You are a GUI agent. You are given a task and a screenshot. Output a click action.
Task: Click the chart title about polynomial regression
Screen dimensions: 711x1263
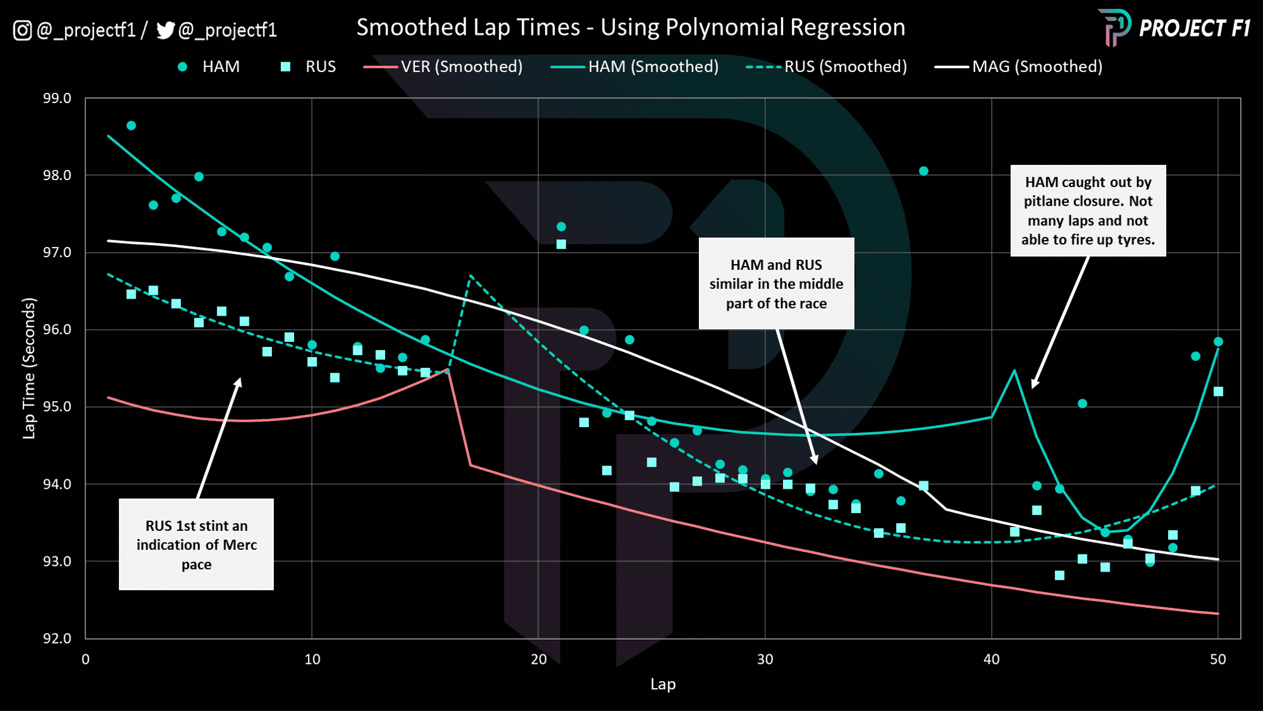tap(630, 27)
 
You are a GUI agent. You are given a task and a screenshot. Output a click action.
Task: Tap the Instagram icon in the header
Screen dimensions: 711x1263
tap(22, 31)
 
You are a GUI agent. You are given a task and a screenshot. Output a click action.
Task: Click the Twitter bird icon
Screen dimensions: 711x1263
tap(165, 31)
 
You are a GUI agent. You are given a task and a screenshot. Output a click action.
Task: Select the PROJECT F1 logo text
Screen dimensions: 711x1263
tap(1194, 29)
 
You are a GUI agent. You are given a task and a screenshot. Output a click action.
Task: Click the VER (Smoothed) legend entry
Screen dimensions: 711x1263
tap(443, 67)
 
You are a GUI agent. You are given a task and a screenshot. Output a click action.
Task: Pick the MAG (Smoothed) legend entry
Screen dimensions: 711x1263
tap(1019, 67)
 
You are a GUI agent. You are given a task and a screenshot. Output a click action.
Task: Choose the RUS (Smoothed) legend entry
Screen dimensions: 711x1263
tap(826, 67)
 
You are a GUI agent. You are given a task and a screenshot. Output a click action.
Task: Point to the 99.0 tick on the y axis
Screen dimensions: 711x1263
tap(57, 99)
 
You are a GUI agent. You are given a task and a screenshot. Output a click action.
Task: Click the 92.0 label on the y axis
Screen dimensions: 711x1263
tap(57, 638)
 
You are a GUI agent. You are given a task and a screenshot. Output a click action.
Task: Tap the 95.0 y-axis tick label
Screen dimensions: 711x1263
tap(57, 407)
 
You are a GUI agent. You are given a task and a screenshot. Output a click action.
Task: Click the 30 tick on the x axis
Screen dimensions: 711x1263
tap(765, 659)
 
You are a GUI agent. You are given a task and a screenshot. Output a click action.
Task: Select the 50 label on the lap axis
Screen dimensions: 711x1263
tap(1218, 659)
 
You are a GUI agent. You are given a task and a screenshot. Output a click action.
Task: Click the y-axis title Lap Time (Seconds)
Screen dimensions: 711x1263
tap(29, 369)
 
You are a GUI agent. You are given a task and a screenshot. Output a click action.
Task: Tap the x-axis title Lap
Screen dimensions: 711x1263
tap(663, 684)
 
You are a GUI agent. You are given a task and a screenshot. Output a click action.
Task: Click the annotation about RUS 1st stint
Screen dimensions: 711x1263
tap(196, 544)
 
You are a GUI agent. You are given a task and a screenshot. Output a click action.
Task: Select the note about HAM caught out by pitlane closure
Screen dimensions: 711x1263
tap(1088, 211)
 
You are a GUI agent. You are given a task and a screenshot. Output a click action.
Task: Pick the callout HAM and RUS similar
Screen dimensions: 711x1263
tap(776, 284)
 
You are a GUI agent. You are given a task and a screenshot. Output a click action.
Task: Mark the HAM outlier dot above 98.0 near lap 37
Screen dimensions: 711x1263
tap(924, 171)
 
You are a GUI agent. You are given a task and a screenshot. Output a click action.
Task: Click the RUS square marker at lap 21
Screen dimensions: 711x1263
tap(561, 244)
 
